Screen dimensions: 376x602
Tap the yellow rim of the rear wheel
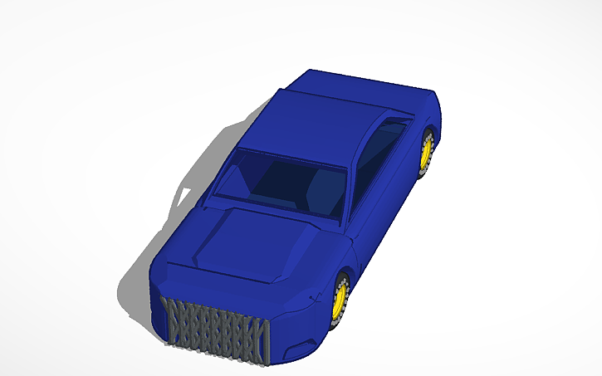(426, 154)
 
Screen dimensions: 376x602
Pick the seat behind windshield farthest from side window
(249, 178)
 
